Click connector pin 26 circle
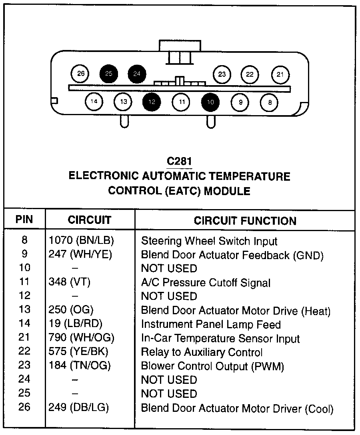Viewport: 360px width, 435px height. [x=81, y=74]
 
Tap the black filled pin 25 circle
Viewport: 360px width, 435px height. [x=109, y=74]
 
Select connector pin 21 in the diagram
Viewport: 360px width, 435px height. [x=280, y=74]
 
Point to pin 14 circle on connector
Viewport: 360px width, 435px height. [x=94, y=102]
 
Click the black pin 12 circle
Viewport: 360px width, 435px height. [x=152, y=102]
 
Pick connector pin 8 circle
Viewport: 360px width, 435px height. [x=270, y=102]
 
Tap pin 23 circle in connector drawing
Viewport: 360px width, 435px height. [x=222, y=74]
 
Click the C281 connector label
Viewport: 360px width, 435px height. [x=180, y=161]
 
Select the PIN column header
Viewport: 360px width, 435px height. [x=24, y=219]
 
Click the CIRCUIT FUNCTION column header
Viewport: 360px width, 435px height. [x=245, y=221]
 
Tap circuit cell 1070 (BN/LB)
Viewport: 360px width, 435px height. [x=82, y=241]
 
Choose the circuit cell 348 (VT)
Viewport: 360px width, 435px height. [x=70, y=282]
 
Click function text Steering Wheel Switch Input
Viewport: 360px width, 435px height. [x=209, y=241]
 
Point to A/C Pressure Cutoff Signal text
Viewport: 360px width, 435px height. [x=206, y=283]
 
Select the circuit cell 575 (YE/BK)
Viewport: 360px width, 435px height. [x=78, y=352]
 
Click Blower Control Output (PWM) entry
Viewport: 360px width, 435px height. [x=212, y=366]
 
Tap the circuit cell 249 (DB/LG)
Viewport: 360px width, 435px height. [x=79, y=408]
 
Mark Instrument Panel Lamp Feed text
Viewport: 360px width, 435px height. [x=211, y=325]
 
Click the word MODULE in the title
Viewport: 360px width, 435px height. [x=227, y=191]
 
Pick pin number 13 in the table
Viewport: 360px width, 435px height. [x=24, y=310]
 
